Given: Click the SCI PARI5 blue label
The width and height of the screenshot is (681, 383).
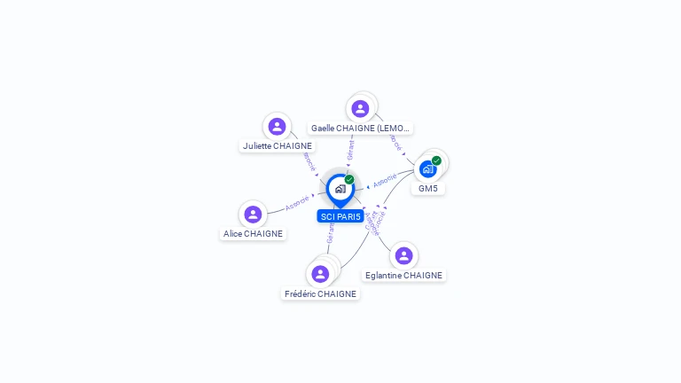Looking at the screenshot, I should coord(340,216).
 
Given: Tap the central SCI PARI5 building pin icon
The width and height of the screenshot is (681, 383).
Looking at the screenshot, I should coord(340,189).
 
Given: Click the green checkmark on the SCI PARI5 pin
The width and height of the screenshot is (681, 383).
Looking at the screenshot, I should coord(349,180).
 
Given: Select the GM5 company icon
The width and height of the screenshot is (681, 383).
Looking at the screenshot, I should coord(428,168).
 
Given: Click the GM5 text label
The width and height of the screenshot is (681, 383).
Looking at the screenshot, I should coord(428,188).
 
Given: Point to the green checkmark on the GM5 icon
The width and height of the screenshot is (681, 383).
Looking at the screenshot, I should coord(436,160).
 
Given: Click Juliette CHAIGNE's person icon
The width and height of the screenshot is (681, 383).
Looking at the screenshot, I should coord(277,127).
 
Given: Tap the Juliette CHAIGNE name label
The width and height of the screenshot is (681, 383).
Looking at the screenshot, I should coord(278,145).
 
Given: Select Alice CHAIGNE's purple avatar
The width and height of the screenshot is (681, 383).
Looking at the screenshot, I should coord(253,215).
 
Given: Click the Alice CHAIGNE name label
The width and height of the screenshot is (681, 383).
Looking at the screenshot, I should coord(254,234).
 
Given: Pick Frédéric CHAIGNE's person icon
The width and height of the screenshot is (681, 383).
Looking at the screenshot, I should coord(320,274).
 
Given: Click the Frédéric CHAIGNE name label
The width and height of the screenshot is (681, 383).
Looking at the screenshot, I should coord(320,293).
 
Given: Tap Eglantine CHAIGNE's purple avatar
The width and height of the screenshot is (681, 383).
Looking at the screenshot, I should coord(403,255).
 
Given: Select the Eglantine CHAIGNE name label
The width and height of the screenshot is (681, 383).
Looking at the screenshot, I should coord(403,275).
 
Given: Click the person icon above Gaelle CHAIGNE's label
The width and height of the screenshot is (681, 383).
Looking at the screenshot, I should coord(360,109).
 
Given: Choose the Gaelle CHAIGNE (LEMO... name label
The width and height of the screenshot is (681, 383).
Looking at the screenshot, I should coord(361,128).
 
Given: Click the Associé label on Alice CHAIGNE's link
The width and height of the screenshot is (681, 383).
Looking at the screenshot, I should coord(297,203).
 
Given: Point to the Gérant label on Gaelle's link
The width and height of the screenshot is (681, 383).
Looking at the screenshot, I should coord(351,150).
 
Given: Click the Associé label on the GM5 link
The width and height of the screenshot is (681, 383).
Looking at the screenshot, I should coord(385,181).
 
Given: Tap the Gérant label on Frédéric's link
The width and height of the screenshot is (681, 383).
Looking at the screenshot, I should coord(330,232).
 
